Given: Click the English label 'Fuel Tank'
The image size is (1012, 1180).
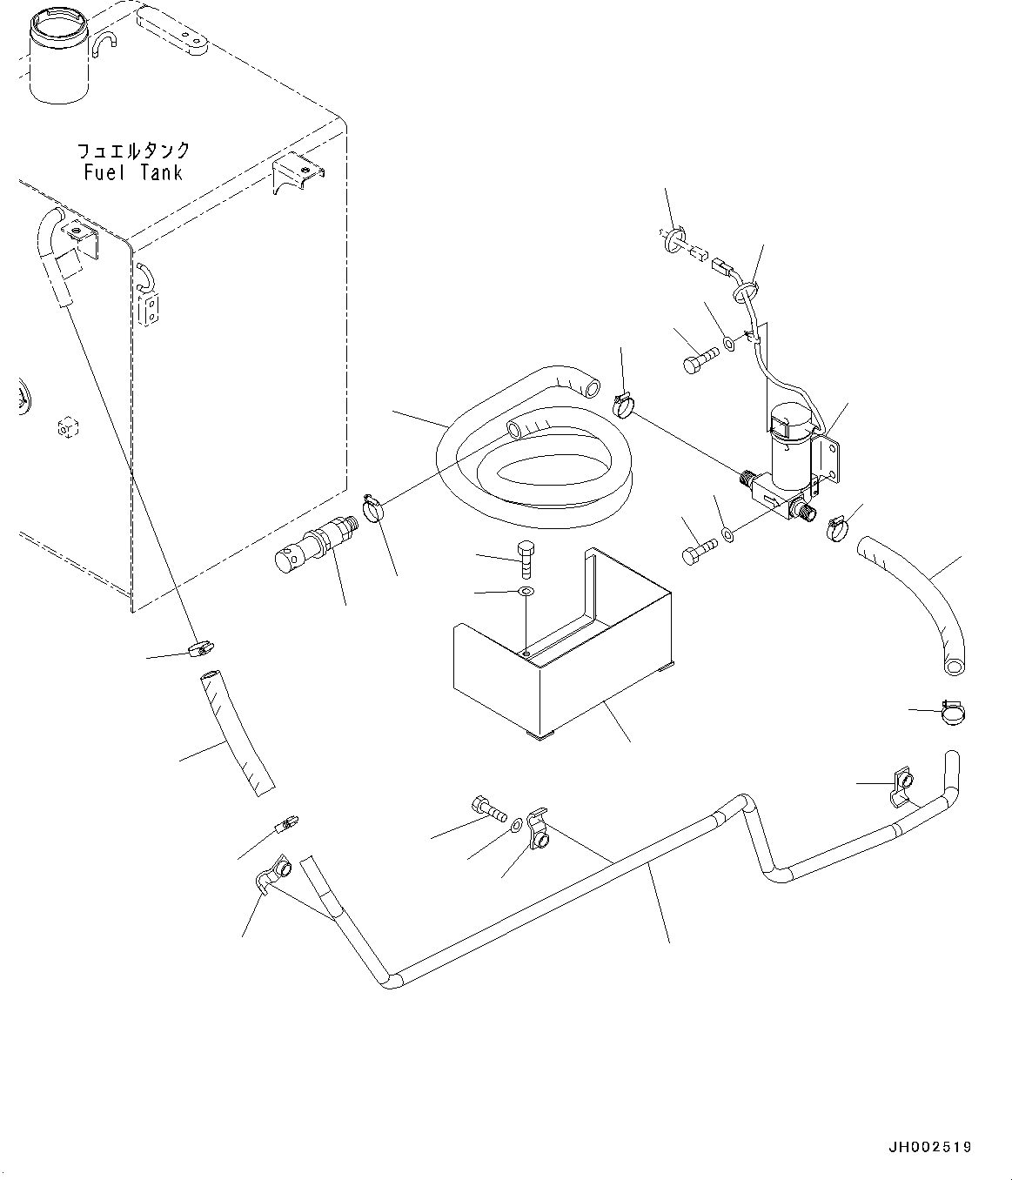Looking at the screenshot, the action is (x=133, y=172).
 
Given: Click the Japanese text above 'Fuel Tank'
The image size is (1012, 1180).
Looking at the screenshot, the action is (x=133, y=151).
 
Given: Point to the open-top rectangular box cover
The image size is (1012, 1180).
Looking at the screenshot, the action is (x=562, y=645).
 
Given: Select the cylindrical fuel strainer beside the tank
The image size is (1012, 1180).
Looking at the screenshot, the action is (x=316, y=543).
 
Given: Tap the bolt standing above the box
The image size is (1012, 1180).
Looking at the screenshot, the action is (x=526, y=559).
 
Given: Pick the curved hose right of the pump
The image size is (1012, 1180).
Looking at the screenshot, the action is (x=915, y=605).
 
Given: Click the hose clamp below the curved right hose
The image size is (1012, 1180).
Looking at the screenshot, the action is (x=953, y=712).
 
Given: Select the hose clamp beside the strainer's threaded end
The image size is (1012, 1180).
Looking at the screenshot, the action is (x=372, y=507).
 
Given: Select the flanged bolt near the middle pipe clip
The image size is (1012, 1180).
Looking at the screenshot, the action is (x=488, y=808).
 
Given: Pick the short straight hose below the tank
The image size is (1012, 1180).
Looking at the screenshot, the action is (x=237, y=734).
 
